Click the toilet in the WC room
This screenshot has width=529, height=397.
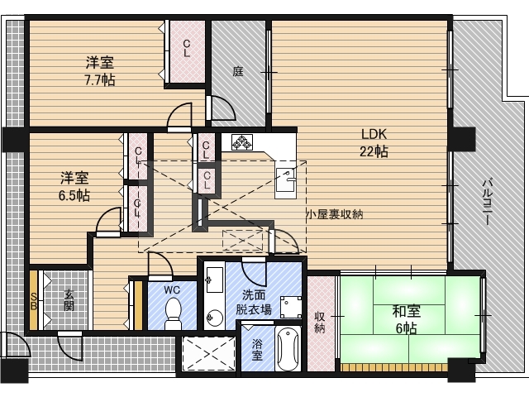coord(173,313)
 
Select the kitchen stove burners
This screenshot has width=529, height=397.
coord(241,143)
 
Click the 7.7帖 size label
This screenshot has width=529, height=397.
coord(99,80)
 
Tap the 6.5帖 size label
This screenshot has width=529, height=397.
coord(74,195)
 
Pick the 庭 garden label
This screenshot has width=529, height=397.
coord(238,72)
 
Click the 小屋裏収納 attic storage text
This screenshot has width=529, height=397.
coord(336,213)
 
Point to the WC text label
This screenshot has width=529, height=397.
coord(172,289)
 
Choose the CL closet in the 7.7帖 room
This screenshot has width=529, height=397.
coord(188,50)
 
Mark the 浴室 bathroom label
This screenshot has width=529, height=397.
coord(257,350)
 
